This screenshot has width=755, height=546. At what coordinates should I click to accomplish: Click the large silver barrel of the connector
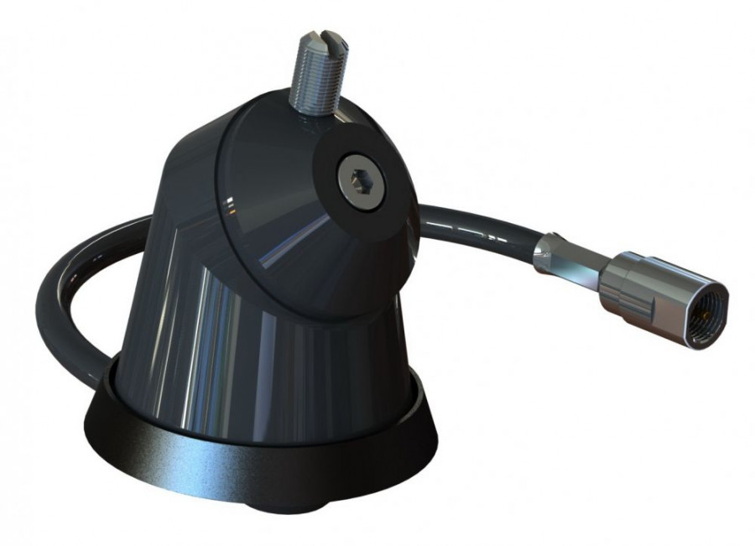(x=633, y=281)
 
